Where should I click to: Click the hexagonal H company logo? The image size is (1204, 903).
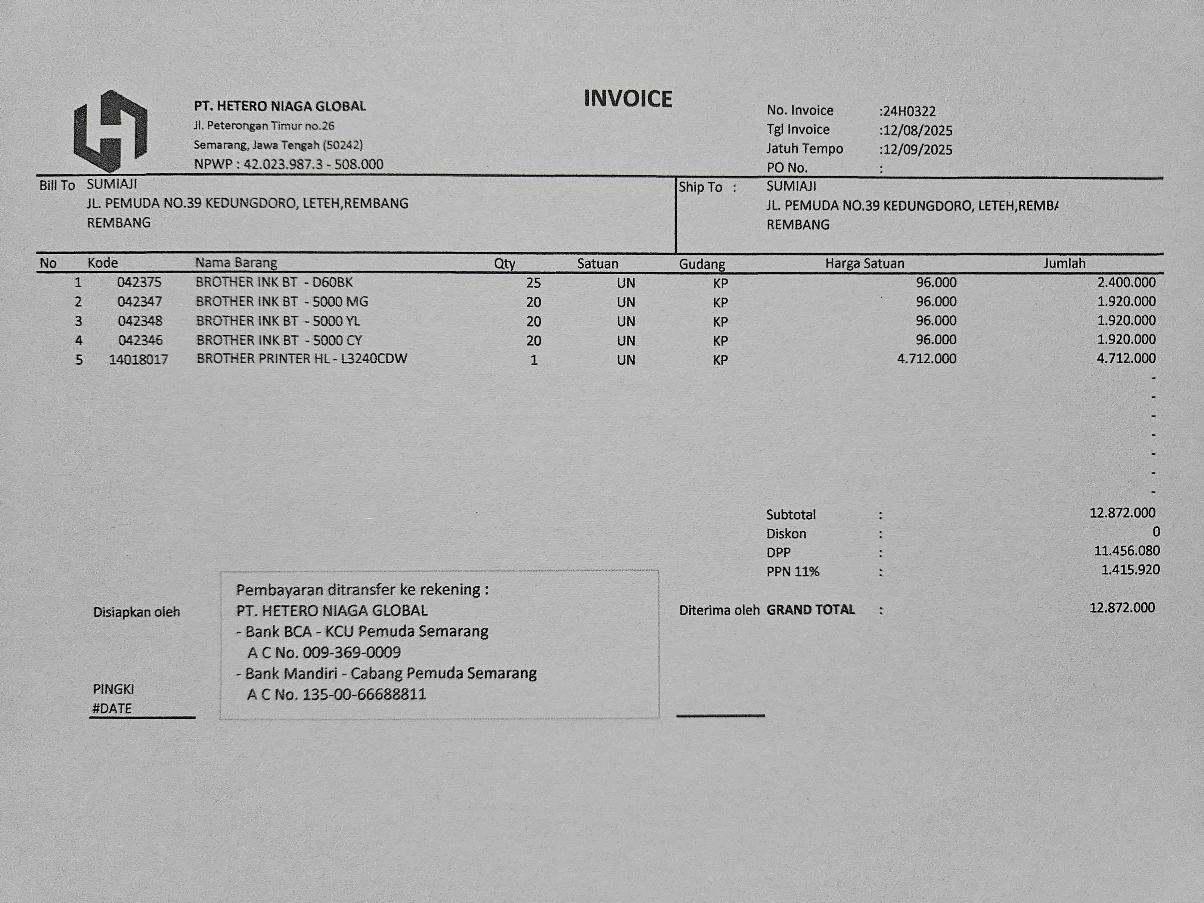[x=110, y=131]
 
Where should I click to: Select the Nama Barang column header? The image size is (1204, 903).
[x=236, y=263]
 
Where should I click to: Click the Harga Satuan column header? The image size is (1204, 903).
[x=864, y=263]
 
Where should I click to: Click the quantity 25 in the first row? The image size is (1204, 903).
[x=533, y=283]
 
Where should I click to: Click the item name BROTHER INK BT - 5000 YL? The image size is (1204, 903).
[x=278, y=321]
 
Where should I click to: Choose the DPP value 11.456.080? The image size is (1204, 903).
[x=1127, y=551]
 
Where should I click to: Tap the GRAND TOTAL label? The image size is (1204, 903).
[x=811, y=610]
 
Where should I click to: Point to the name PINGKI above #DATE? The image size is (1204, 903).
[x=113, y=689]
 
